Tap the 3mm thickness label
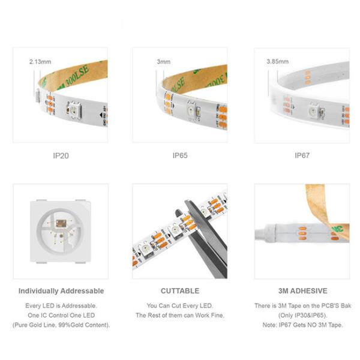pyautogui.click(x=163, y=61)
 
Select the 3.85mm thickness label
pyautogui.click(x=277, y=61)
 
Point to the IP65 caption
pyautogui.click(x=180, y=155)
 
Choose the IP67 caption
pyautogui.click(x=302, y=155)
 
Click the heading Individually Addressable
pyautogui.click(x=61, y=291)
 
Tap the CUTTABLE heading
pyautogui.click(x=180, y=291)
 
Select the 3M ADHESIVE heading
pyautogui.click(x=302, y=291)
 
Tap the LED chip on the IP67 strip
pyautogui.click(x=312, y=112)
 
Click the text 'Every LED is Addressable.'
pyautogui.click(x=61, y=306)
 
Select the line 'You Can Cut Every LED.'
pyautogui.click(x=180, y=306)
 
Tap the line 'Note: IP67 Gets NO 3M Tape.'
pyautogui.click(x=302, y=325)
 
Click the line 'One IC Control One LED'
pyautogui.click(x=61, y=316)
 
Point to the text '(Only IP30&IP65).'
pyautogui.click(x=302, y=316)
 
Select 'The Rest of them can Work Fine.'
pyautogui.click(x=180, y=316)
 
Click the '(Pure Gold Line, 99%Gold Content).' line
pyautogui.click(x=61, y=325)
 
